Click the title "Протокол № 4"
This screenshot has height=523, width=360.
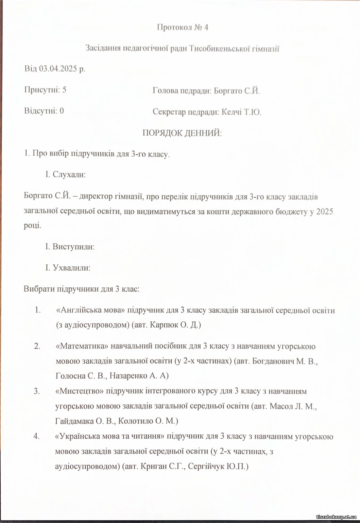pos(182,27)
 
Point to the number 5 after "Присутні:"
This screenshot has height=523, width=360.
pos(64,90)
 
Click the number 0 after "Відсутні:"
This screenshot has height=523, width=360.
pos(62,111)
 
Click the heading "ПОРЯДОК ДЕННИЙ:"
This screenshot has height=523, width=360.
pos(182,133)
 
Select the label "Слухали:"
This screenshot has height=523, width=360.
pos(69,175)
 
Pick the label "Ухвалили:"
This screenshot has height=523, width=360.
pos(71,268)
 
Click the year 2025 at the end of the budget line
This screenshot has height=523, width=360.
pos(325,211)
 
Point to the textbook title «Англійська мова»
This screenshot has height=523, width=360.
pos(91,310)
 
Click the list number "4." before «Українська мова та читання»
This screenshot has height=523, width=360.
pos(37,436)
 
